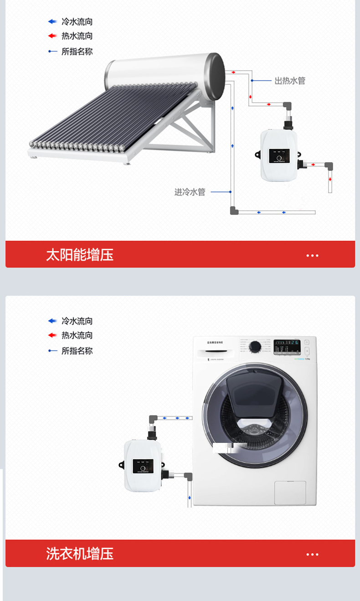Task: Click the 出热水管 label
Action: tap(290, 81)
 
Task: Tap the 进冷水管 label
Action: tap(190, 192)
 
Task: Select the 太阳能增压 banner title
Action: tap(80, 254)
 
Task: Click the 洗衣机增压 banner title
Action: tap(80, 554)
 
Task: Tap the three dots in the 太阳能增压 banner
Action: tap(312, 255)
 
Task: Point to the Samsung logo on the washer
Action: tap(216, 342)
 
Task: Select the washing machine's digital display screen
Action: tap(286, 346)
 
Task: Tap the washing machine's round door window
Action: tap(255, 415)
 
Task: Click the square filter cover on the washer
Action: tap(290, 492)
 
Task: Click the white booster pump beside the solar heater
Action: tap(278, 155)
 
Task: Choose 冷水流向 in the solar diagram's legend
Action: tap(77, 21)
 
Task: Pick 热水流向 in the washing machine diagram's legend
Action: tap(77, 335)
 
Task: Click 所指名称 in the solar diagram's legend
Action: tap(77, 51)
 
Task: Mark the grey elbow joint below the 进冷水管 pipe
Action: tap(234, 211)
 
